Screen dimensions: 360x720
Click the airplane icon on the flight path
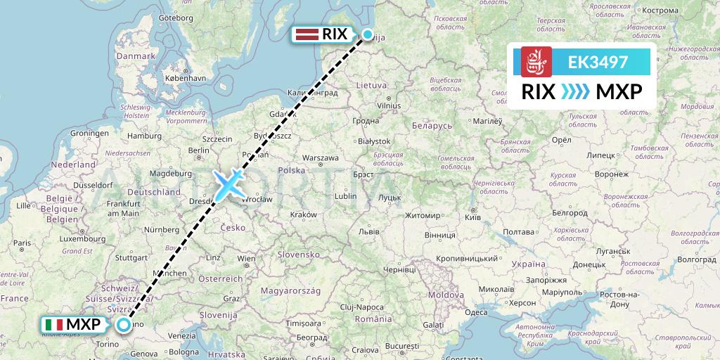pyautogui.click(x=229, y=184)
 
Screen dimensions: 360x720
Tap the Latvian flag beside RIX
pyautogui.click(x=307, y=34)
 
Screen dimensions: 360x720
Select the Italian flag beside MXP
pyautogui.click(x=53, y=325)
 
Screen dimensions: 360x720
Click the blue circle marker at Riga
pyautogui.click(x=367, y=34)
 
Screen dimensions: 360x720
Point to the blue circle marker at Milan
pyautogui.click(x=124, y=325)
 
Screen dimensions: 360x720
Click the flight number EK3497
pyautogui.click(x=598, y=62)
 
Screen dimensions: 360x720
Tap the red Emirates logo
pyautogui.click(x=536, y=62)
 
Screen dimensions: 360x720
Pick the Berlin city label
pyautogui.click(x=200, y=150)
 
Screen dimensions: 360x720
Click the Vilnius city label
pyautogui.click(x=388, y=105)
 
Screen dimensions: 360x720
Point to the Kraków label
pyautogui.click(x=303, y=214)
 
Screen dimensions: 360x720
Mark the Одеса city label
pyautogui.click(x=476, y=311)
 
